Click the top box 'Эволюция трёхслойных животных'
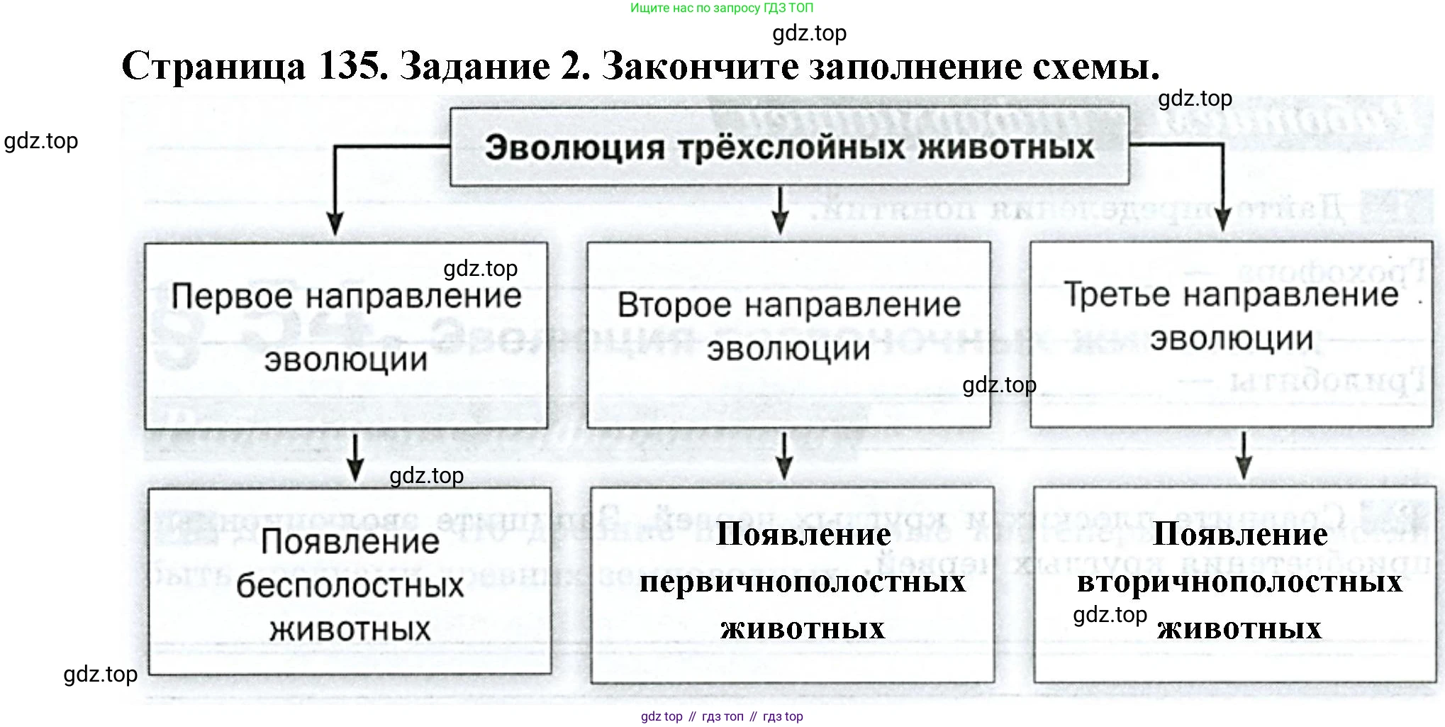[x=788, y=147]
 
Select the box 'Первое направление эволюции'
[x=346, y=335]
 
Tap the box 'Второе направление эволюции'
[x=788, y=335]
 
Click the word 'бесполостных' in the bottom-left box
[x=350, y=586]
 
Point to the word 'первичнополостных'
[x=803, y=582]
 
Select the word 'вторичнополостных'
[x=1239, y=582]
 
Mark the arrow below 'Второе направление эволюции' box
[x=783, y=456]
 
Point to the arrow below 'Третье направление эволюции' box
[x=1243, y=456]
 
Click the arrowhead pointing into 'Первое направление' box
[x=335, y=223]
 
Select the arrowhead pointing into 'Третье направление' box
[x=1222, y=220]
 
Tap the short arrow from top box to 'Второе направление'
[x=780, y=211]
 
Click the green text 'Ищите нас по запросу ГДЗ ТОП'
[x=722, y=9]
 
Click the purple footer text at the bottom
[x=722, y=716]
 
